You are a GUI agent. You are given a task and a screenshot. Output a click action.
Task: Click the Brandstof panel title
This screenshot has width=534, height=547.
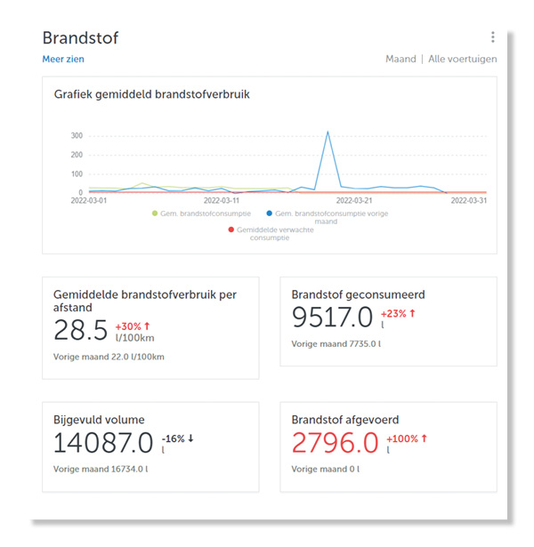click(x=80, y=37)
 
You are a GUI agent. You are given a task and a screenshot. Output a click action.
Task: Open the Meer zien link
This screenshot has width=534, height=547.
click(x=63, y=60)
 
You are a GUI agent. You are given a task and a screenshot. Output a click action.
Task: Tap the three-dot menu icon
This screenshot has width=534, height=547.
click(x=492, y=37)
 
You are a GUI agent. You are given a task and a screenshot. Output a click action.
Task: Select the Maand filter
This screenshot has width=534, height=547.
click(x=400, y=60)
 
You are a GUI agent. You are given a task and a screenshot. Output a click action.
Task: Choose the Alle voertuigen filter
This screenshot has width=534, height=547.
click(x=462, y=60)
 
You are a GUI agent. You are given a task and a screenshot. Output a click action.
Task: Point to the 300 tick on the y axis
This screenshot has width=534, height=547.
click(x=77, y=135)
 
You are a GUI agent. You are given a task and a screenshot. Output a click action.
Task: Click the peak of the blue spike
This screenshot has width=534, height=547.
click(x=328, y=132)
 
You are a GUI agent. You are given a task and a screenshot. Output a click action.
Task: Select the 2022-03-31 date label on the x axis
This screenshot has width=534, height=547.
click(x=467, y=201)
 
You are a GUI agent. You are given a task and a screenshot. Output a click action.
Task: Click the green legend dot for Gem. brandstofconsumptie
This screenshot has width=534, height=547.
click(x=155, y=213)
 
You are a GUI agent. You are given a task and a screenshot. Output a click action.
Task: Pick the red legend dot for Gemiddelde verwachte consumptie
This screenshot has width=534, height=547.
click(x=231, y=229)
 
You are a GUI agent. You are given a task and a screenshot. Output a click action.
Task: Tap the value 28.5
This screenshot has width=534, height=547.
click(x=80, y=330)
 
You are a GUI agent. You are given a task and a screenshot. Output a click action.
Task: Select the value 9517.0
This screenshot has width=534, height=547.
click(x=332, y=318)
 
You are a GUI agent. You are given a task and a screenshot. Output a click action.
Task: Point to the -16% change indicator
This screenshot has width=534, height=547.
click(x=178, y=438)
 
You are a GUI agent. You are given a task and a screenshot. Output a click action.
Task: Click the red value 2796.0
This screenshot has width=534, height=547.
click(x=334, y=441)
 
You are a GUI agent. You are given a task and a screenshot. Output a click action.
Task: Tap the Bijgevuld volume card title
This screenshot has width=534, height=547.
click(x=99, y=420)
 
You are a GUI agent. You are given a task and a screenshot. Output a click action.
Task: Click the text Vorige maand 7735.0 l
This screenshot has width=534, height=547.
click(x=336, y=343)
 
